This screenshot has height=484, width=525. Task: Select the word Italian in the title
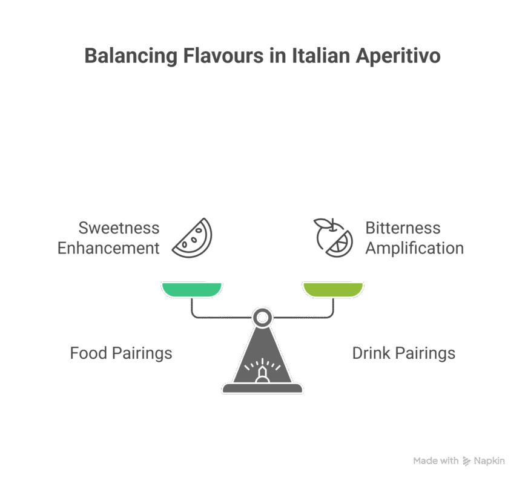[x=321, y=56]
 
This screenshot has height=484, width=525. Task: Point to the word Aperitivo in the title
[x=398, y=56]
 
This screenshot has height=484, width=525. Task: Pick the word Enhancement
[x=109, y=248]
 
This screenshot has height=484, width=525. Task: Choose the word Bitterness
[x=403, y=228]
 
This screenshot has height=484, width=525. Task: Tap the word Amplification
[x=415, y=248]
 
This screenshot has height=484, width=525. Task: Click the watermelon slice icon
[x=192, y=237]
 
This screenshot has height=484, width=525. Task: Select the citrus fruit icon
[x=333, y=237]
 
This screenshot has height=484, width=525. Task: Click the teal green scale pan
[x=191, y=289]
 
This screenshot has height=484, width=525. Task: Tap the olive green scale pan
[x=333, y=289]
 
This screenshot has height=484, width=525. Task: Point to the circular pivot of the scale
[x=262, y=317]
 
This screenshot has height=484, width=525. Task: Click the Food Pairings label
[x=121, y=353]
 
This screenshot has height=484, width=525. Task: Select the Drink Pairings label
[x=404, y=353]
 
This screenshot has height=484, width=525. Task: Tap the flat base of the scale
[x=262, y=388]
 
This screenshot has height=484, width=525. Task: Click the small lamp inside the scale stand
[x=262, y=374]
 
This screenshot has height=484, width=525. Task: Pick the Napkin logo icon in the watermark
[x=466, y=461]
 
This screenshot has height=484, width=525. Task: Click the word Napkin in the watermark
[x=489, y=461]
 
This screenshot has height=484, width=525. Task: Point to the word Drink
[x=371, y=353]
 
